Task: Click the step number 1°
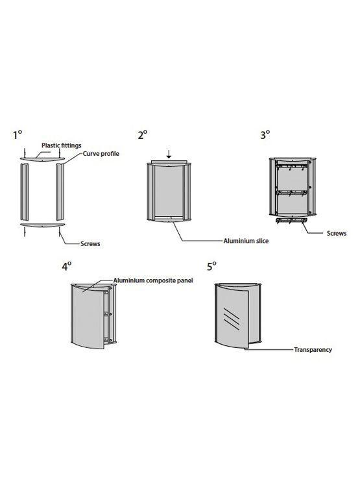(18, 134)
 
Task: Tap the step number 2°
(143, 134)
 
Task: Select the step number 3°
(265, 134)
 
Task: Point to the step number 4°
(67, 266)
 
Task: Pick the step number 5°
(212, 266)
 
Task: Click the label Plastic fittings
(62, 145)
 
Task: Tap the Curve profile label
(101, 153)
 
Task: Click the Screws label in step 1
(90, 244)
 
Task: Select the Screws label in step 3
(337, 233)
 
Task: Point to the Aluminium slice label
(246, 241)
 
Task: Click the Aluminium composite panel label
(153, 280)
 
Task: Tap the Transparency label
(313, 349)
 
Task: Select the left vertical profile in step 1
(24, 191)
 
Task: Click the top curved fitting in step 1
(42, 158)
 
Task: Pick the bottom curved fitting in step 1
(42, 225)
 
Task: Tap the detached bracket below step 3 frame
(291, 221)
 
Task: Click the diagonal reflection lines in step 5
(232, 319)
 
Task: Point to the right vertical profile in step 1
(60, 191)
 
